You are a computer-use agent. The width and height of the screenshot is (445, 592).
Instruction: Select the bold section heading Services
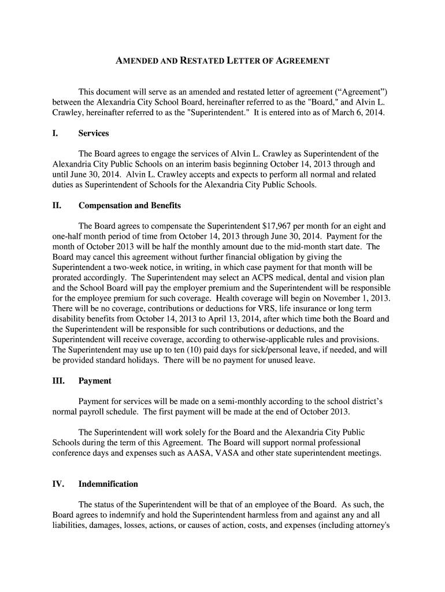tap(94, 134)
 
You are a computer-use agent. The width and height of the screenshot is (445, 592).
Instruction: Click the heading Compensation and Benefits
tap(129, 206)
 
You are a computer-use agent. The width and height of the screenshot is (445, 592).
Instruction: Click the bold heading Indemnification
tap(108, 484)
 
